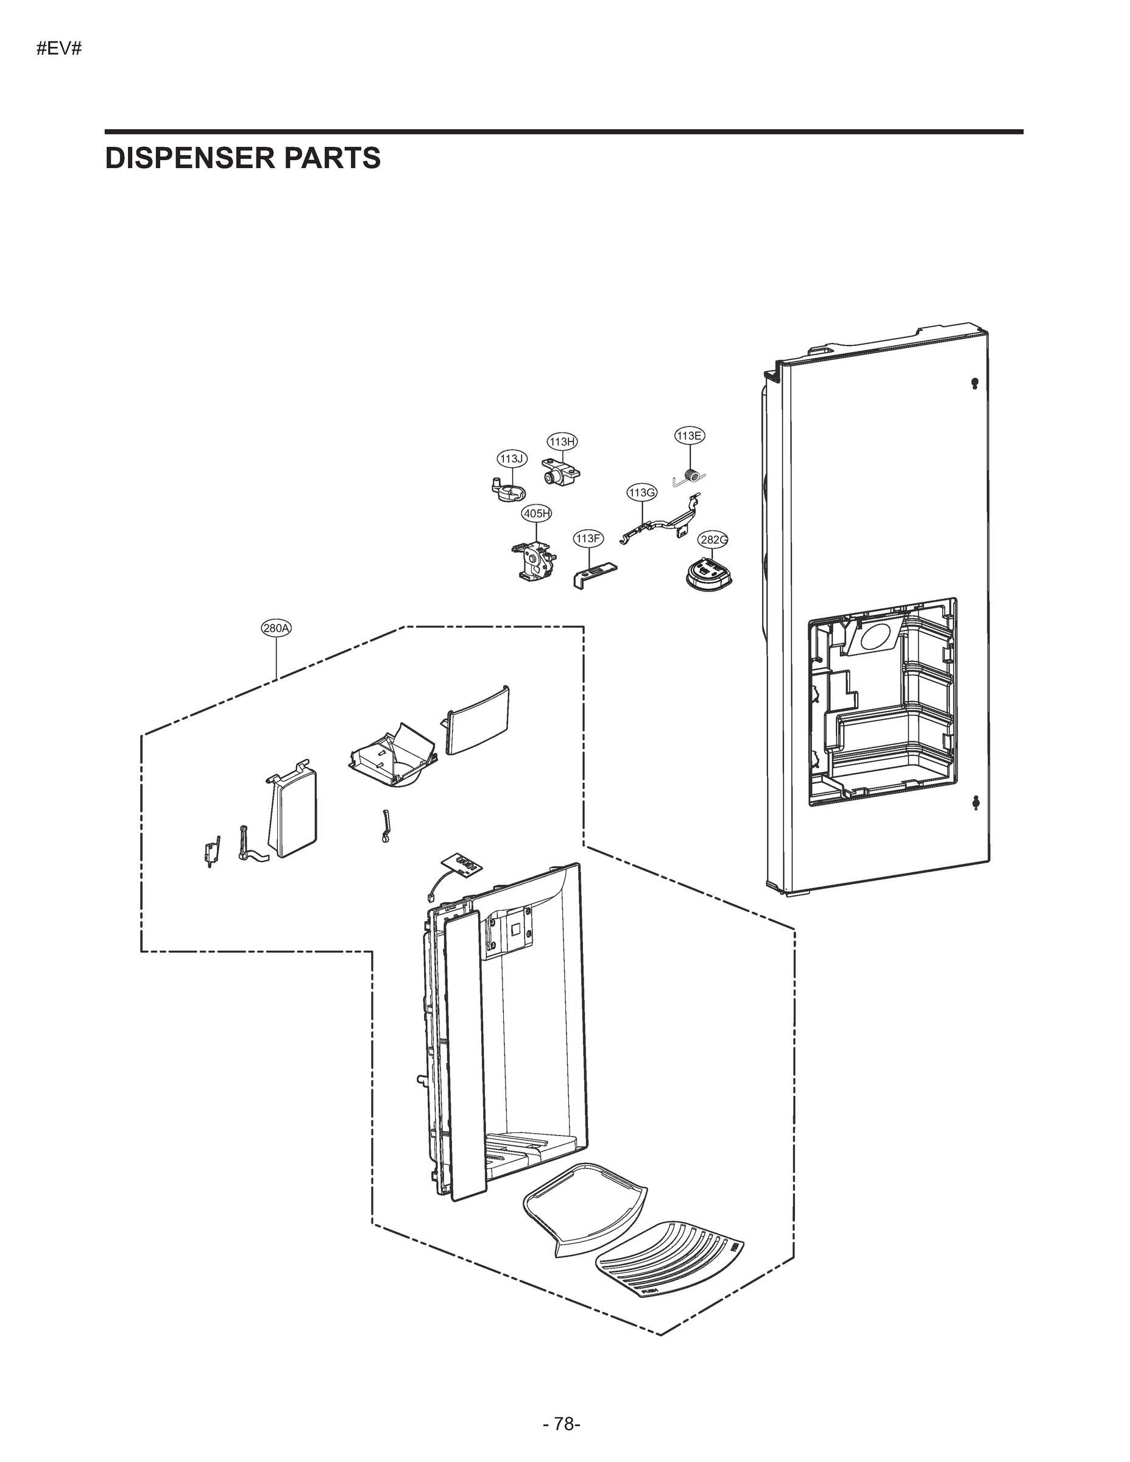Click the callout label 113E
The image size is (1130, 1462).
[x=689, y=436]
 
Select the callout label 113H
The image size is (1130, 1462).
[x=562, y=441]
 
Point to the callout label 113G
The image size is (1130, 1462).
[x=641, y=493]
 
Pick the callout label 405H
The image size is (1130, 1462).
[x=536, y=514]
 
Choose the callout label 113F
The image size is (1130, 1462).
[x=588, y=539]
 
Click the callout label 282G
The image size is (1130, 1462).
[x=713, y=540]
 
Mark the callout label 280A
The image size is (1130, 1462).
[x=277, y=628]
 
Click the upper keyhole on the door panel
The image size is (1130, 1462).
[x=974, y=384]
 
